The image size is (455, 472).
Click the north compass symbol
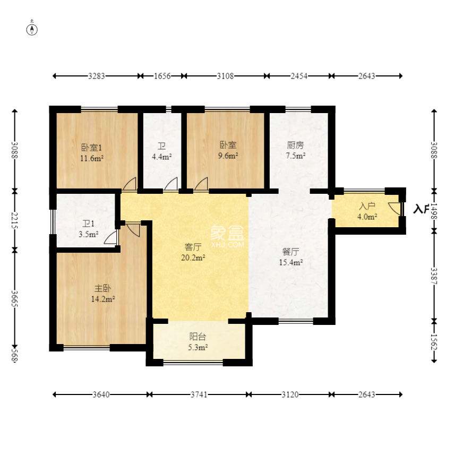pos(32,30)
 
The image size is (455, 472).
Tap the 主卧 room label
pos(102,288)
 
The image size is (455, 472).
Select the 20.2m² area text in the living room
pos(193,258)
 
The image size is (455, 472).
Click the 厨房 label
pos(295,145)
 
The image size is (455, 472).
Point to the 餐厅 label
pos(291,252)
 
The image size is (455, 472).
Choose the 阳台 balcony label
pos(198,337)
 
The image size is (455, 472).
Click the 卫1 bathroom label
pos(89,224)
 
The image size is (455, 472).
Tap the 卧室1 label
pos(91,148)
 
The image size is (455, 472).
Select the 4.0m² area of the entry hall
pos(367,217)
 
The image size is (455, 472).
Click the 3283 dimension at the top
pos(97,76)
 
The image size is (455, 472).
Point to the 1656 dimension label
pos(162,76)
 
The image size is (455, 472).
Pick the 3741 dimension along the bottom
pos(199,394)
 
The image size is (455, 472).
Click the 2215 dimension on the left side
pos(14,220)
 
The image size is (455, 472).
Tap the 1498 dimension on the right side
pos(434,211)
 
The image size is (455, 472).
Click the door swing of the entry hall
pos(395,208)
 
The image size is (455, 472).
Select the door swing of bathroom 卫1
pos(110,237)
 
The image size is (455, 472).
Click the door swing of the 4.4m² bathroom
pos(171,184)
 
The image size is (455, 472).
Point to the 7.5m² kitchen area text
pos(296,156)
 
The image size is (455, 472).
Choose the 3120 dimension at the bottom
pos(290,394)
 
